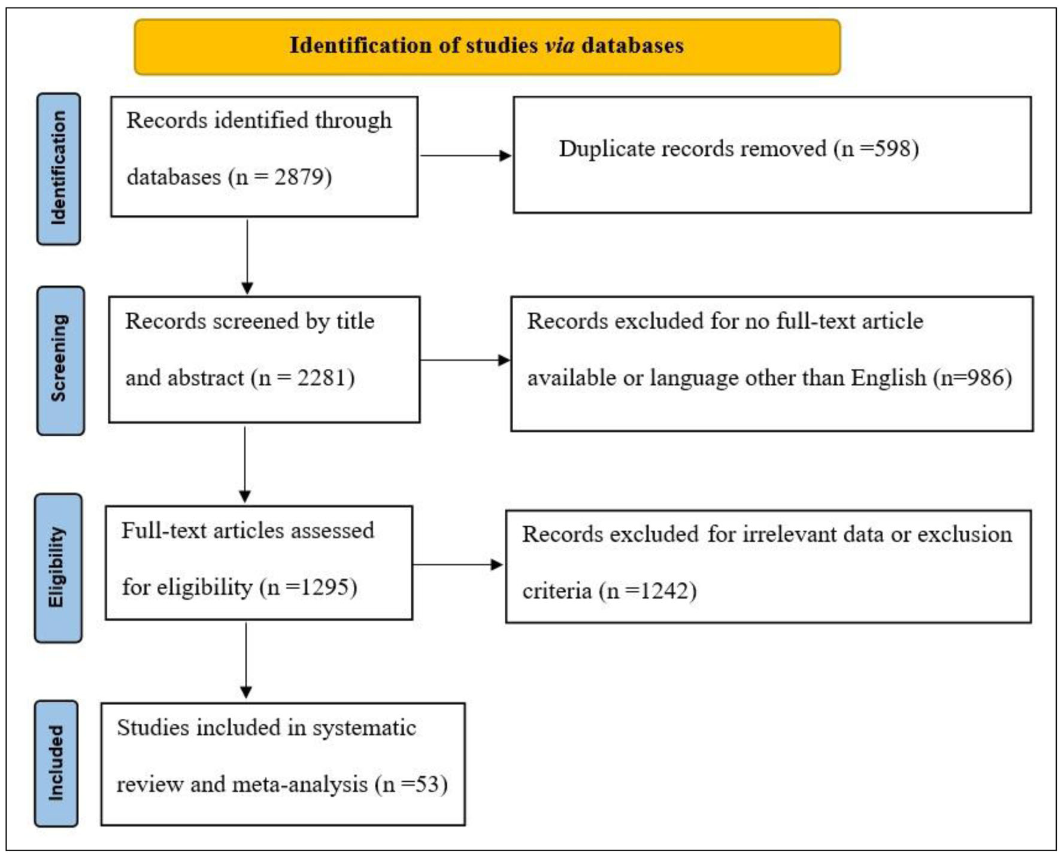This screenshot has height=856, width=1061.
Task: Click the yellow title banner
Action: point(487,47)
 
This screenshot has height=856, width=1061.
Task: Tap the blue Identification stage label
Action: point(59,169)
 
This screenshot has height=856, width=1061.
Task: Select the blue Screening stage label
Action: point(60,360)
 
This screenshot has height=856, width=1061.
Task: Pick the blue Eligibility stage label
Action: point(58,568)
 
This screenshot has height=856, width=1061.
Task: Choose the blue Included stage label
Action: point(56,764)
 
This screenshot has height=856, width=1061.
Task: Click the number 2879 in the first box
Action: point(299,177)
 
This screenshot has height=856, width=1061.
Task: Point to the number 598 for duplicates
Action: point(892,148)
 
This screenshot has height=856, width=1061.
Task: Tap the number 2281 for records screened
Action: point(322,378)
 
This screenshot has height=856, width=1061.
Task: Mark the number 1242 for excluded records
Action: point(665,591)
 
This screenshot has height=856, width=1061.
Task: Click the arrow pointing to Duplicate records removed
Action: point(466,156)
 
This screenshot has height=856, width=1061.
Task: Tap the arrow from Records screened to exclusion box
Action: point(465,360)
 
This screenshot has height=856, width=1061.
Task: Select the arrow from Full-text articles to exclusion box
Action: point(458,564)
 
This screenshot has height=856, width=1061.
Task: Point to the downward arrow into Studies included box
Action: point(245,660)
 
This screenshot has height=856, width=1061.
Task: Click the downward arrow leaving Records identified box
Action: point(247,257)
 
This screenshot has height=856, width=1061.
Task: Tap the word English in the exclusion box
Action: point(889,378)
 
